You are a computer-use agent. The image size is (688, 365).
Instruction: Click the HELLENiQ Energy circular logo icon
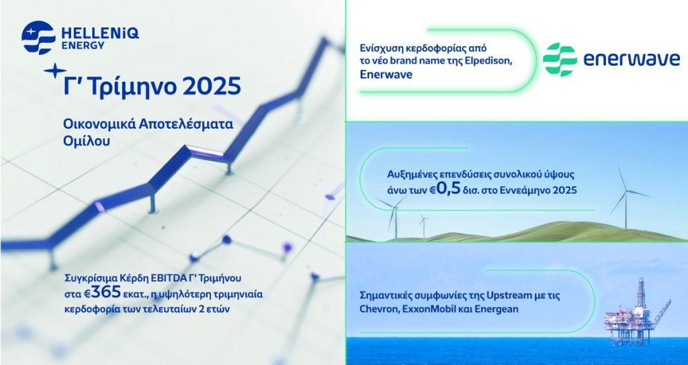(38, 38)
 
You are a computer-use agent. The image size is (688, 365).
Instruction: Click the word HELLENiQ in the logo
(100, 34)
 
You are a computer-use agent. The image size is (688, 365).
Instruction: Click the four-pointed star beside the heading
(55, 70)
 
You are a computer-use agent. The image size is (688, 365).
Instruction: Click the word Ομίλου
(87, 142)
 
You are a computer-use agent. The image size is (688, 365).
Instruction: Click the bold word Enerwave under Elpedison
(386, 74)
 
